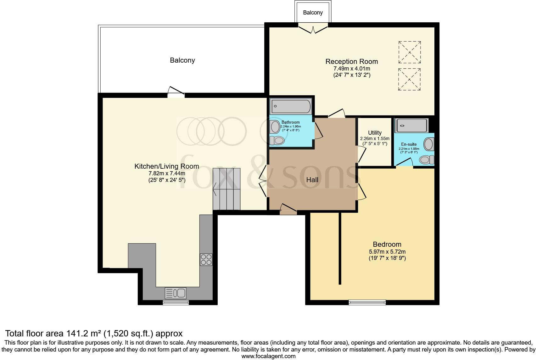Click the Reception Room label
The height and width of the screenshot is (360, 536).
351,61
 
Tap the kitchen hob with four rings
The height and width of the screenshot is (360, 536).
206,260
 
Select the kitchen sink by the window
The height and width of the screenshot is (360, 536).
176,293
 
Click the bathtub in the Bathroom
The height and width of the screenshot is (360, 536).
291,106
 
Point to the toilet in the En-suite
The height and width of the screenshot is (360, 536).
427,160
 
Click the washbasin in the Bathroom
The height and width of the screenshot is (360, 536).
275,127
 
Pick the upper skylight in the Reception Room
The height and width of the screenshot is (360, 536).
410,52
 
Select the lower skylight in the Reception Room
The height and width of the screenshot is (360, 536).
410,80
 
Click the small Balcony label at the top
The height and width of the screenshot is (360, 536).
313,13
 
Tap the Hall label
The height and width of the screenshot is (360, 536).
312,180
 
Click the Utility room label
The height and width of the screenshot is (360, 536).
375,132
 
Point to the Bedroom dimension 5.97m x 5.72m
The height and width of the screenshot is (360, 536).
387,251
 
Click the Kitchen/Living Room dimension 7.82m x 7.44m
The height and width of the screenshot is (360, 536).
167,173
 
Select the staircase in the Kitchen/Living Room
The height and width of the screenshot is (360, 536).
226,189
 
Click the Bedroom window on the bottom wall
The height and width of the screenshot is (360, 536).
367,302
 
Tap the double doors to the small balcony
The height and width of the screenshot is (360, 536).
313,28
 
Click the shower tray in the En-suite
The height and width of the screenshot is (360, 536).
411,126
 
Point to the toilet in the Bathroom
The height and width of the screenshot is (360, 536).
277,140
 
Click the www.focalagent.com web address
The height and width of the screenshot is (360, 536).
268,356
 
